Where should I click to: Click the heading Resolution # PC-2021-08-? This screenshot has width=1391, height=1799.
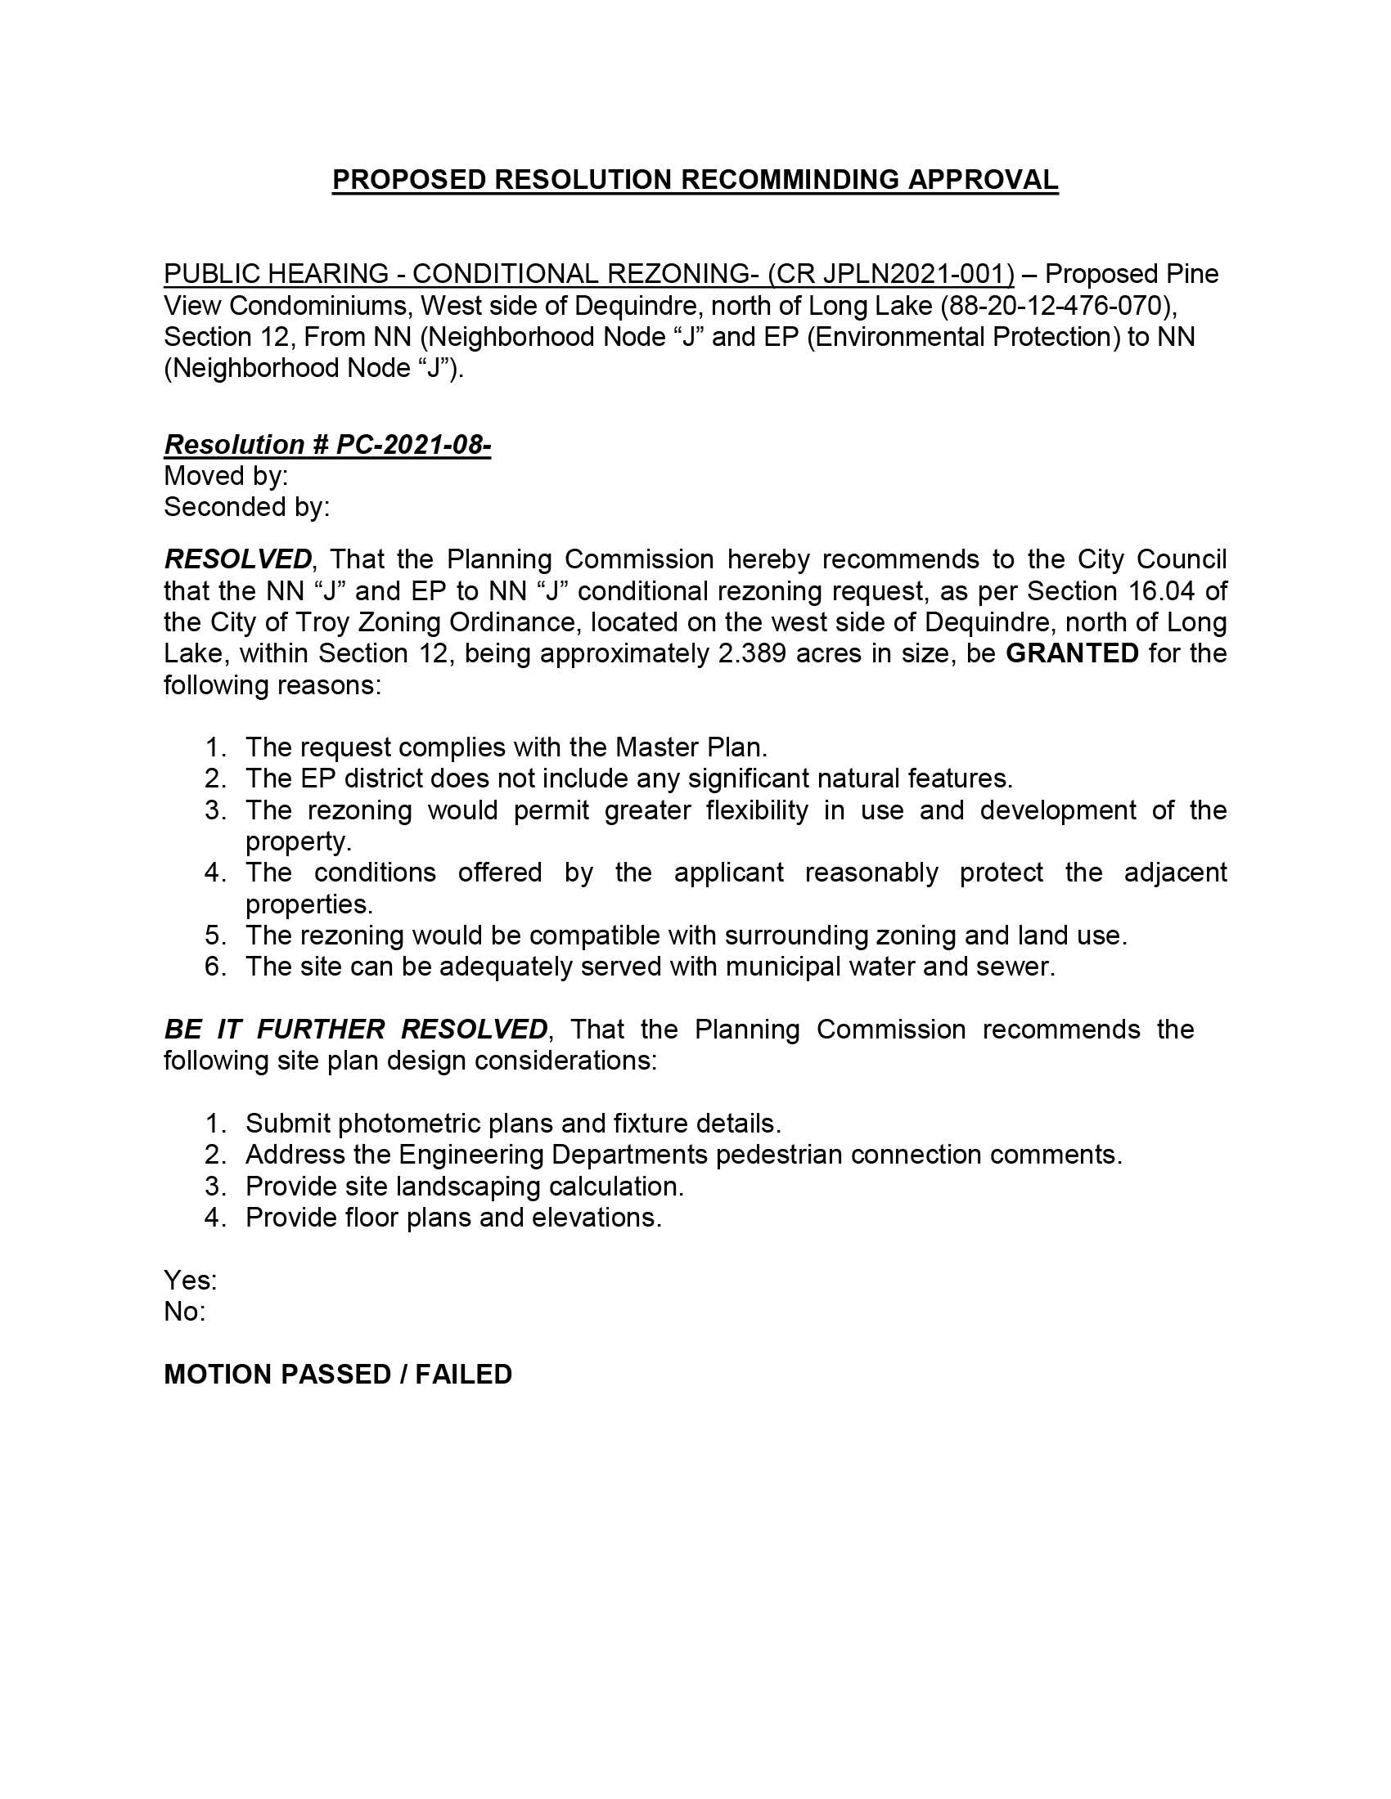point(327,444)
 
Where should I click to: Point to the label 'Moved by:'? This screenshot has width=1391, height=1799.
point(226,475)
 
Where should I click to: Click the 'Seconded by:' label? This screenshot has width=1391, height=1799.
point(246,507)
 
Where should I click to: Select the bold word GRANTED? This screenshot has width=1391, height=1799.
point(1072,653)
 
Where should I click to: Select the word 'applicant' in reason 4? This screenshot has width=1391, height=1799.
point(728,873)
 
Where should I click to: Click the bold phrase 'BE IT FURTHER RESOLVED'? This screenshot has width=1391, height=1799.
point(355,1029)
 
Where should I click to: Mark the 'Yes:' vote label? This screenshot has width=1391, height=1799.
point(191,1280)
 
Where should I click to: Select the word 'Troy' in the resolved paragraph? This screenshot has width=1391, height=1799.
point(319,622)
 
